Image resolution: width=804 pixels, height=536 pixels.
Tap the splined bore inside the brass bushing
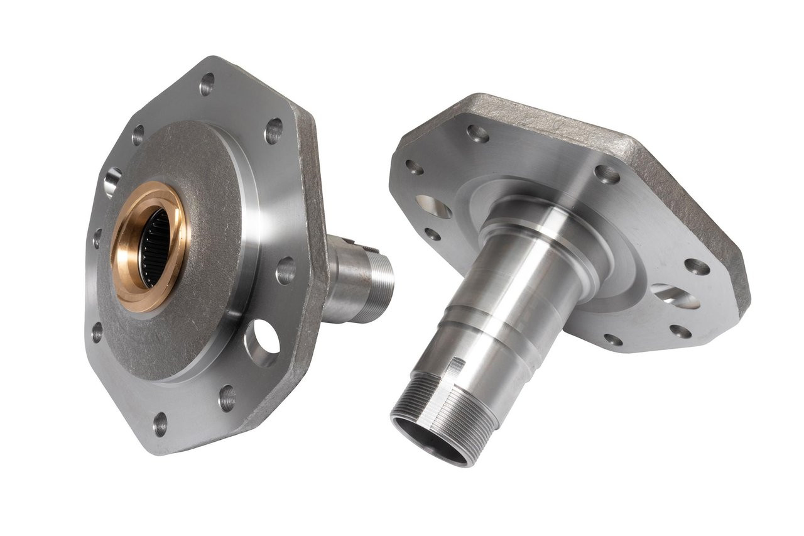tap(154, 248)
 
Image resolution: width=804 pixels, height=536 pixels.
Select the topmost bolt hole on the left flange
tap(207, 84)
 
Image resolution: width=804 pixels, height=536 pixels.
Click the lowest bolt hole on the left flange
tap(161, 424)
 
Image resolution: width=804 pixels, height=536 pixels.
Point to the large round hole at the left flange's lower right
tap(263, 343)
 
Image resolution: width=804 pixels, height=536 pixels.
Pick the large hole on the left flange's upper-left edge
tap(112, 182)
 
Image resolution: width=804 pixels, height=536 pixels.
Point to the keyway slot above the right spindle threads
tap(459, 364)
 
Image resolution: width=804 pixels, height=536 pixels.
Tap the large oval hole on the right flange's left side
tap(433, 207)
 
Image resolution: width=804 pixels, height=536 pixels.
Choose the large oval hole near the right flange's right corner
tap(675, 296)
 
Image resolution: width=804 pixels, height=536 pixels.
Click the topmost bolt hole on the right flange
tap(478, 133)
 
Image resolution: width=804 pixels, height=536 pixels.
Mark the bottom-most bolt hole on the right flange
tap(612, 340)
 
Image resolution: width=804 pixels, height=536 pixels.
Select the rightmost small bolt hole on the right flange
tap(697, 267)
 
